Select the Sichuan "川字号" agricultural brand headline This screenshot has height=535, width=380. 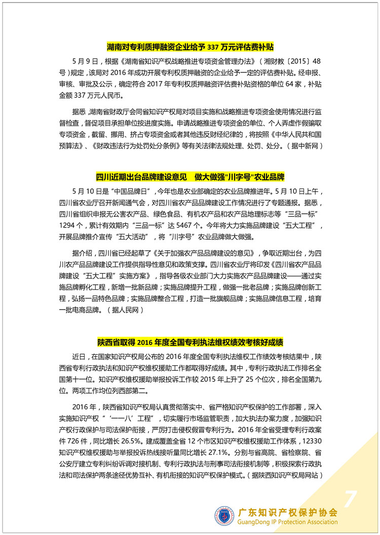point(190,177)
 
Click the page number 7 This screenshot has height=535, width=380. point(349,500)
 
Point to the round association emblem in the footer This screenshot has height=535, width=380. point(224,516)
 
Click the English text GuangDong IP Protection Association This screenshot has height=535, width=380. point(288,522)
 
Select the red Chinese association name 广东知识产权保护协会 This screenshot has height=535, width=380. point(288,511)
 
